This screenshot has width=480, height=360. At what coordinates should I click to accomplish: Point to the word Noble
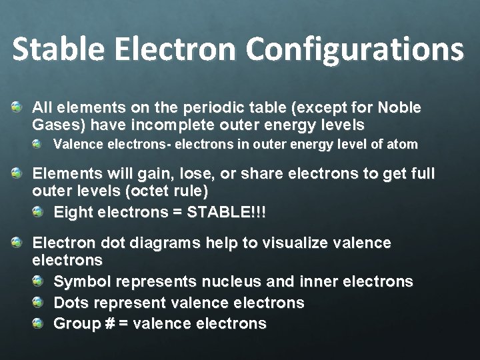click(399, 107)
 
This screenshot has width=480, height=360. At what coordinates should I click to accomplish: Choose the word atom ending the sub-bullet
click(403, 143)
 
